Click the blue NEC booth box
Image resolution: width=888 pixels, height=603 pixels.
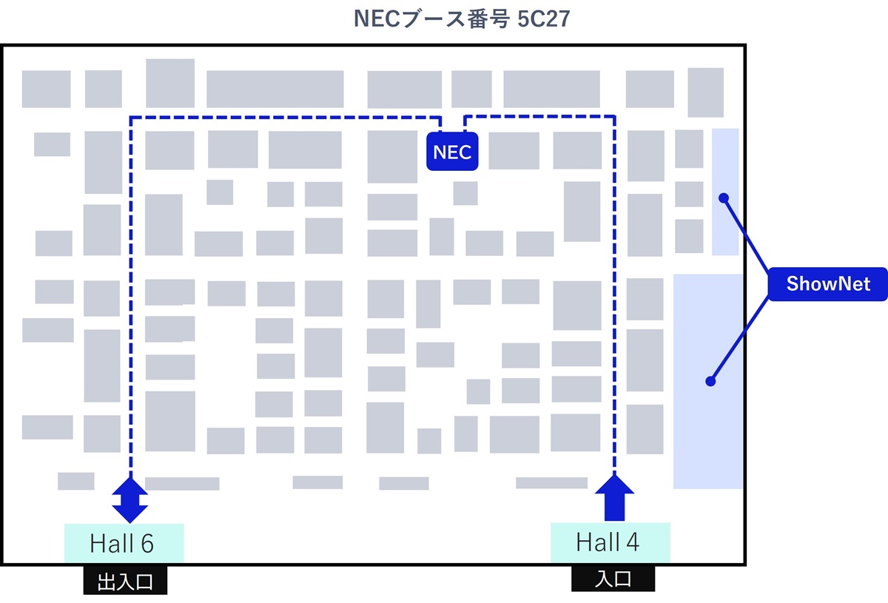pyautogui.click(x=452, y=152)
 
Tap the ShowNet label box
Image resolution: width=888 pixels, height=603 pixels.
pyautogui.click(x=827, y=284)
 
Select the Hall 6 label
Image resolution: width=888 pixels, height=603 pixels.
pyautogui.click(x=123, y=544)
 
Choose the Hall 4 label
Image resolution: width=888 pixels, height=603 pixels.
pyautogui.click(x=610, y=543)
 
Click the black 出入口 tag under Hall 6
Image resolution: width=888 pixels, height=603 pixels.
pyautogui.click(x=125, y=582)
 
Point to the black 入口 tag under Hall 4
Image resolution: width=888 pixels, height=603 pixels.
pyautogui.click(x=613, y=579)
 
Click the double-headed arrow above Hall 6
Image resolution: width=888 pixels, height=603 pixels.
pyautogui.click(x=130, y=500)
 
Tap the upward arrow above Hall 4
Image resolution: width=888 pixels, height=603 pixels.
pyautogui.click(x=614, y=497)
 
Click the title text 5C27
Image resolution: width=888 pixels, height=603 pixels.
pyautogui.click(x=543, y=18)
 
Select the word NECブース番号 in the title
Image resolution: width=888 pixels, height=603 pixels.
pyautogui.click(x=431, y=18)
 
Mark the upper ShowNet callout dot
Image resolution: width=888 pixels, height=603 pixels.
pyautogui.click(x=724, y=198)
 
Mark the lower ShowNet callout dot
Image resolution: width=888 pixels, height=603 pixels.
pyautogui.click(x=710, y=382)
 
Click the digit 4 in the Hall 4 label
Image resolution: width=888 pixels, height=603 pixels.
pyautogui.click(x=632, y=543)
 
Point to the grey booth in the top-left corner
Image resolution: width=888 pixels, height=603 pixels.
pyautogui.click(x=46, y=89)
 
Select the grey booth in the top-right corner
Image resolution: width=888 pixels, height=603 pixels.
pyautogui.click(x=705, y=92)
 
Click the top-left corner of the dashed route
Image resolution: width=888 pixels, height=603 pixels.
pyautogui.click(x=131, y=117)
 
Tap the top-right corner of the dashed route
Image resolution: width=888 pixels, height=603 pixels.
pyautogui.click(x=614, y=116)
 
